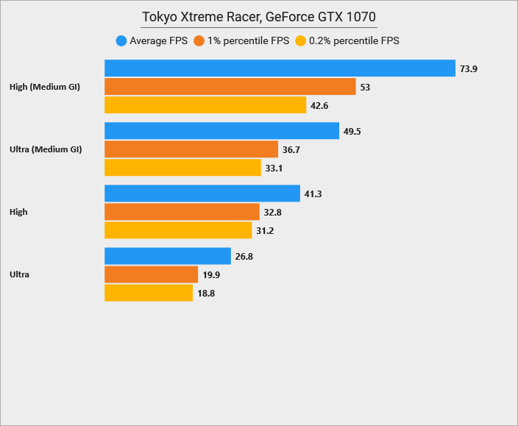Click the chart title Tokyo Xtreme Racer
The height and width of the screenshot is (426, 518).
click(259, 17)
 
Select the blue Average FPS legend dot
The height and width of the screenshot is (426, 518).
click(121, 41)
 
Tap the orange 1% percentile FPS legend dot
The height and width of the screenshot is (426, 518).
click(199, 41)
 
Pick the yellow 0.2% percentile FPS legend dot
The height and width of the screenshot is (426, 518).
click(299, 41)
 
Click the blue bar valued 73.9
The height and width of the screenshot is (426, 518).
click(280, 68)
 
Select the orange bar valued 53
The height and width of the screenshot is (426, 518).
click(230, 87)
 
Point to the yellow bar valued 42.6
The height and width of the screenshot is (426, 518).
click(205, 105)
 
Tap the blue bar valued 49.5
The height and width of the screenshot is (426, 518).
click(221, 131)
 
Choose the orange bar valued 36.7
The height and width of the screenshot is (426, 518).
click(191, 149)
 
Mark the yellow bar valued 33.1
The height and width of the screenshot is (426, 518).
click(183, 168)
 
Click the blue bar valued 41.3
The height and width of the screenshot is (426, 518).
click(202, 194)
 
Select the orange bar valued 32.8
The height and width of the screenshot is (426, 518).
click(182, 212)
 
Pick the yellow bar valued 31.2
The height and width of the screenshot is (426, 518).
click(178, 230)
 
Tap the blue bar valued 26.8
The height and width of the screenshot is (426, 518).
click(168, 256)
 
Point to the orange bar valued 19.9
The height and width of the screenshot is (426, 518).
click(152, 274)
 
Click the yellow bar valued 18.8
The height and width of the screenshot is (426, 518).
click(149, 293)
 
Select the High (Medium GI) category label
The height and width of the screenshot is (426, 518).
click(44, 87)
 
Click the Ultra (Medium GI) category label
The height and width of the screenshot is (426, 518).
click(45, 149)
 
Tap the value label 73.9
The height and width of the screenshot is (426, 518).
click(469, 69)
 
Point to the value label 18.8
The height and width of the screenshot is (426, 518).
click(206, 294)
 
